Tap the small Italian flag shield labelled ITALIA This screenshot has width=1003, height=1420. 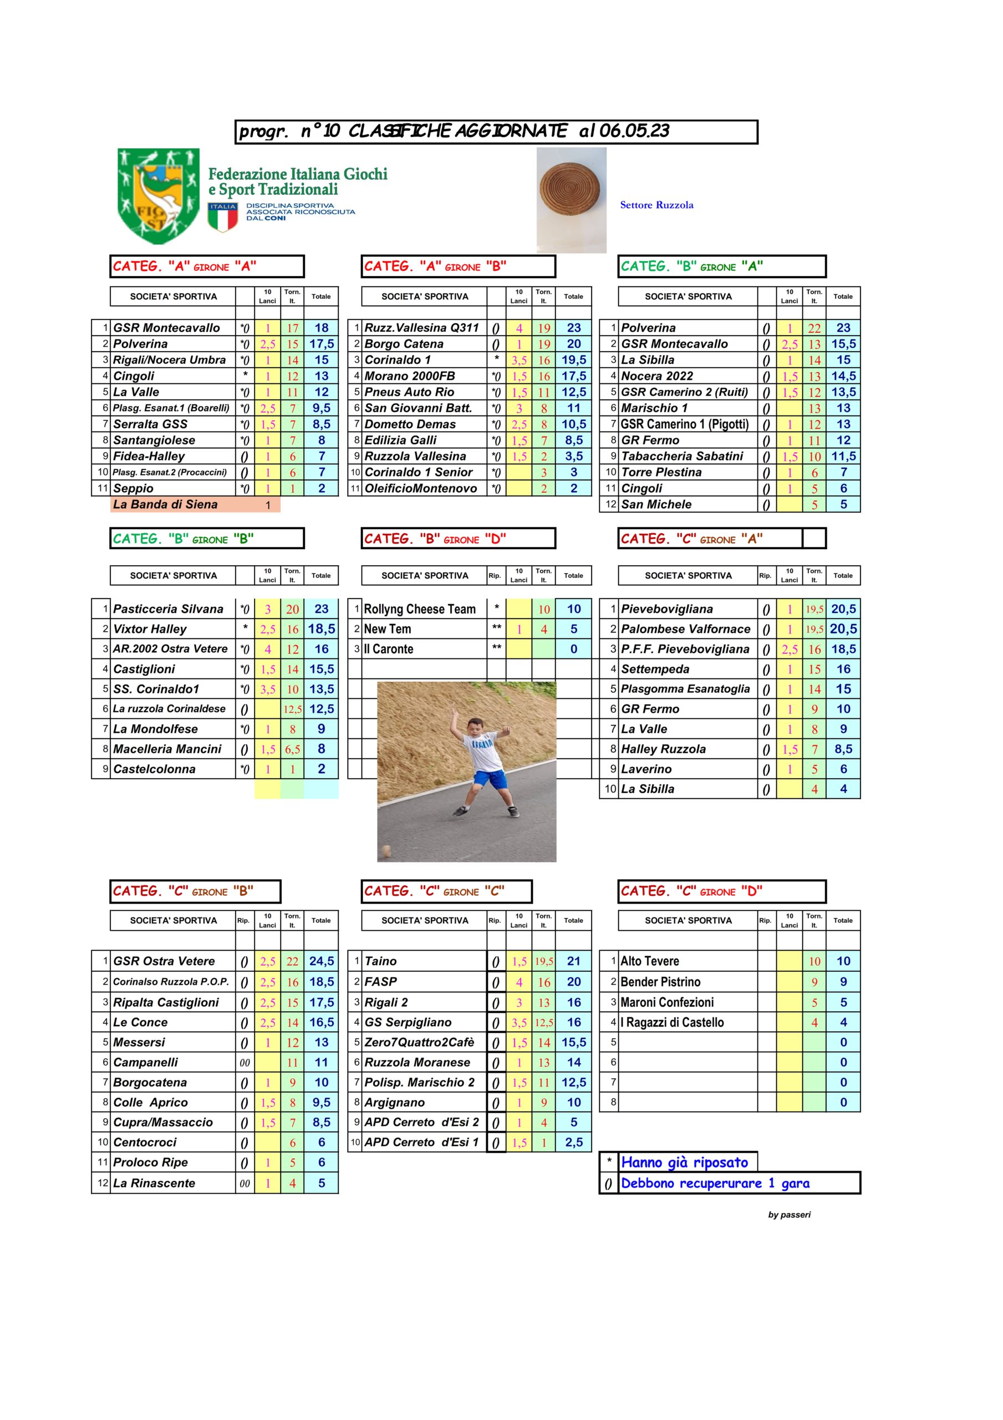(223, 217)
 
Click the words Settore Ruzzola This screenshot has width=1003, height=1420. (656, 205)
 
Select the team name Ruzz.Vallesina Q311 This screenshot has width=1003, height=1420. (421, 328)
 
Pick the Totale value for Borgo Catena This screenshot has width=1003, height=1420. (573, 344)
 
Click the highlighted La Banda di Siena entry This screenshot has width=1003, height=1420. (165, 505)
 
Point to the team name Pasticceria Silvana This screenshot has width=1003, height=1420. (167, 609)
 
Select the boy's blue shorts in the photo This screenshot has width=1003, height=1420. (490, 779)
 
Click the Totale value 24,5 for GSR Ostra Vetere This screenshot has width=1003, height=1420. (322, 961)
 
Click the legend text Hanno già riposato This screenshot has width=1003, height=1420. (684, 1163)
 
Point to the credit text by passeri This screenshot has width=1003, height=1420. (788, 1215)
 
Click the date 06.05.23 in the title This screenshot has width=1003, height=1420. (634, 131)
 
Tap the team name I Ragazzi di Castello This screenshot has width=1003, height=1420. (671, 1022)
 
